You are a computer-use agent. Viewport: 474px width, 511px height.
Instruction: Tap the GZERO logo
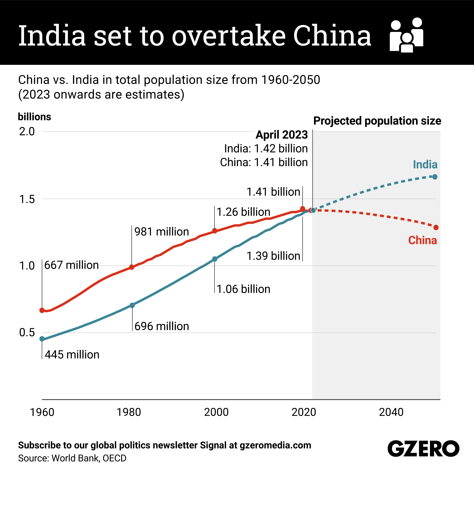(x=423, y=448)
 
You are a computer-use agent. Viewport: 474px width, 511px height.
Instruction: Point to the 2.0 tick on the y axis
(x=27, y=131)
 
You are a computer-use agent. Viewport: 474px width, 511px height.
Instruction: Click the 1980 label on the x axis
(x=129, y=412)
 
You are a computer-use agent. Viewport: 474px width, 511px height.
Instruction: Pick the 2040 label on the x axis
(x=391, y=412)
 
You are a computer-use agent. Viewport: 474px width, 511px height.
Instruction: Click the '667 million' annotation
(x=71, y=265)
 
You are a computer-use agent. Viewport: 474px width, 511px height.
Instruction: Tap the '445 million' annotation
(x=72, y=355)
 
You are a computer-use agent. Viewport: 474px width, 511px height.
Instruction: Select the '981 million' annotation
(x=162, y=232)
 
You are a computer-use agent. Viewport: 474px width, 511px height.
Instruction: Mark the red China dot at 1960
(x=42, y=310)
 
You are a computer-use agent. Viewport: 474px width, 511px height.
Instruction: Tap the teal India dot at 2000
(x=215, y=259)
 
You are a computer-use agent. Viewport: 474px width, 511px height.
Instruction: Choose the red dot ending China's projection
(x=436, y=227)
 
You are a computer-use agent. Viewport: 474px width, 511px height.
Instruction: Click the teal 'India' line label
(x=425, y=165)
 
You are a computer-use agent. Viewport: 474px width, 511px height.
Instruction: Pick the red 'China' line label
(x=422, y=240)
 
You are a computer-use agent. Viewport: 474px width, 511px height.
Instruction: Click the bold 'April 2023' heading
(x=282, y=135)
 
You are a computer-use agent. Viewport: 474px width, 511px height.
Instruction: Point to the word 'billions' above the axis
(x=34, y=117)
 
